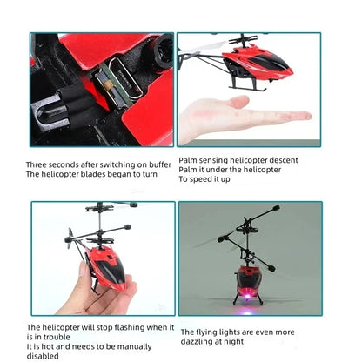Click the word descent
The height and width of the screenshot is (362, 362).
282,160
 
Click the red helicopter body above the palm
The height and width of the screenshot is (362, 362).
257,63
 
